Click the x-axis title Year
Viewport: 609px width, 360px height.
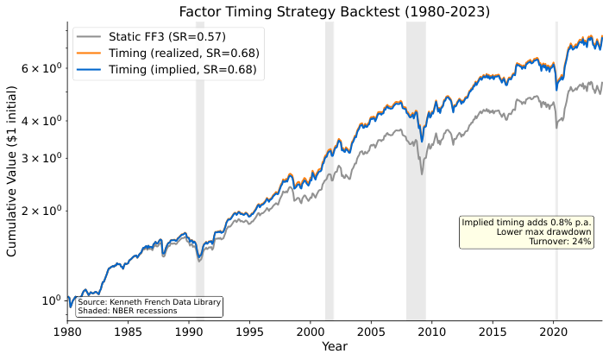coord(334,346)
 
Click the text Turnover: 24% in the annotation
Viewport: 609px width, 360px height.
coord(561,242)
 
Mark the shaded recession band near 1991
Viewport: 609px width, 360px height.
coord(200,173)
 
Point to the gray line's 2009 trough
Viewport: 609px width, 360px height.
coord(422,174)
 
